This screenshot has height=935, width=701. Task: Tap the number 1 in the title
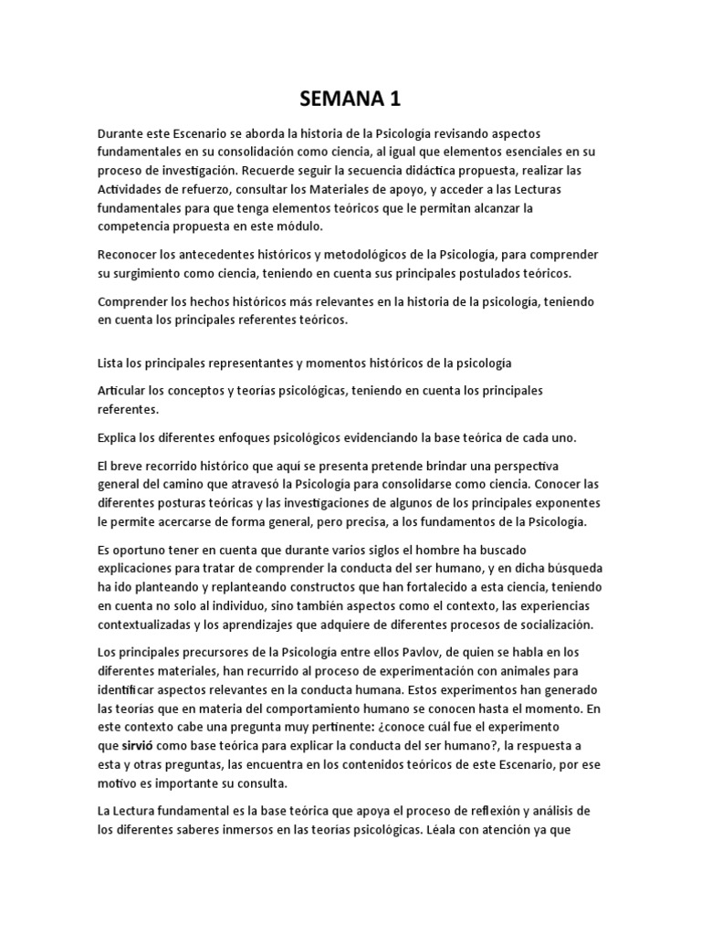coord(394,98)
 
